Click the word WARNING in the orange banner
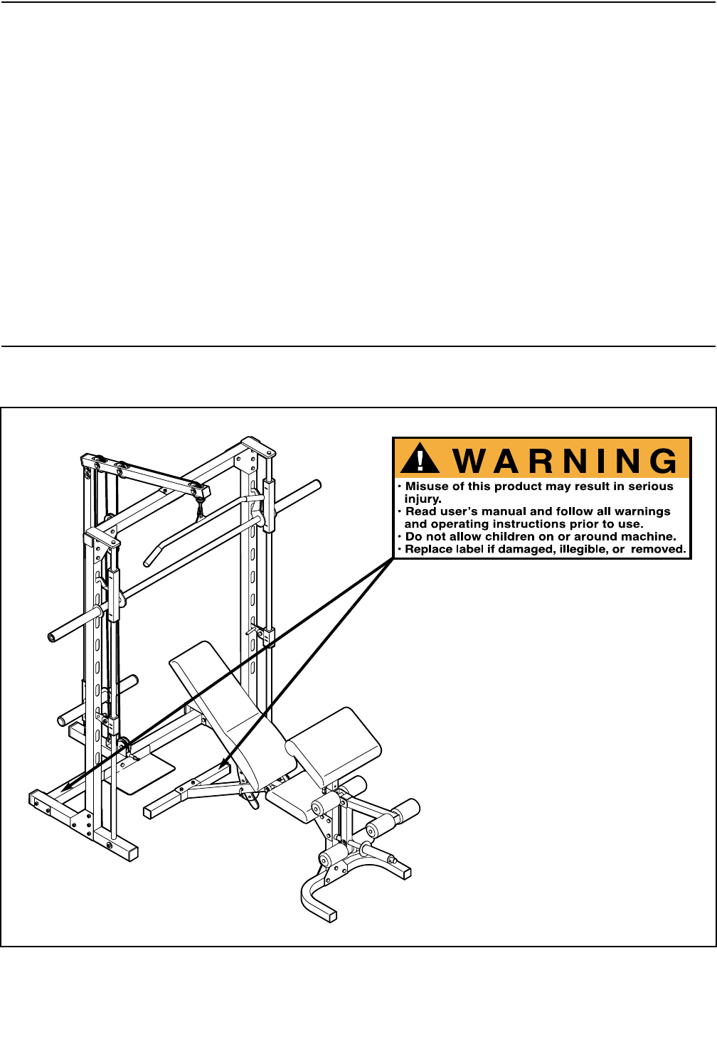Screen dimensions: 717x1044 (565, 461)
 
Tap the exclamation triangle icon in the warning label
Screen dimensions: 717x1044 (420, 459)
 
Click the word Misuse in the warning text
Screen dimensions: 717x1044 (427, 486)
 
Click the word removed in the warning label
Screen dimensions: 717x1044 (657, 549)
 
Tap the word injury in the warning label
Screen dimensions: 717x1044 (422, 499)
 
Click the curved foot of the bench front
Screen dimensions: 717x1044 (313, 897)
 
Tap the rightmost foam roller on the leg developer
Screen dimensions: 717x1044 (403, 810)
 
